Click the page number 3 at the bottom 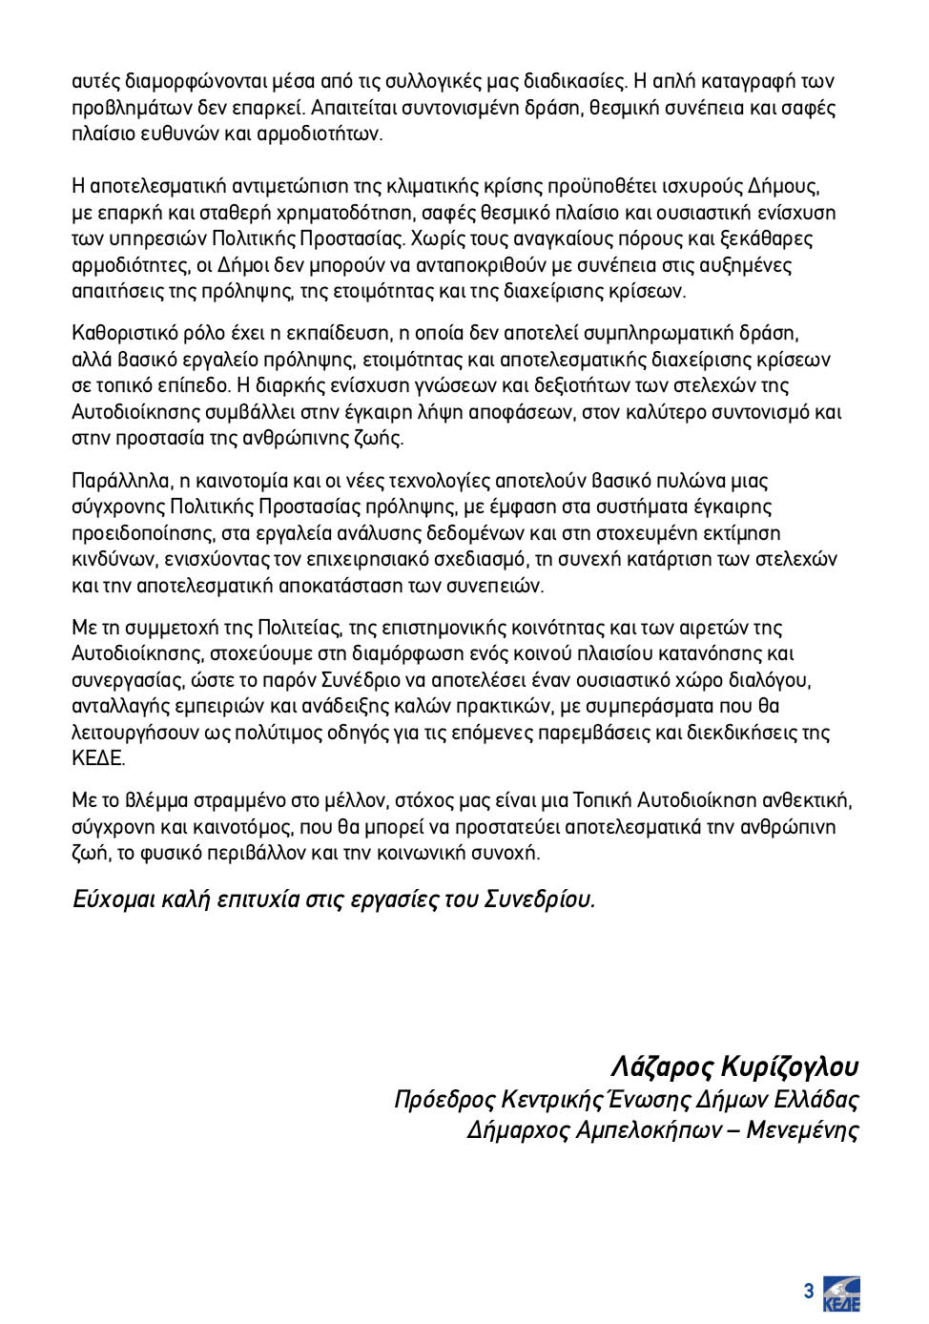[x=809, y=1292]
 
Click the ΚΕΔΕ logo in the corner [x=841, y=1293]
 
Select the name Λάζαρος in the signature [x=661, y=1065]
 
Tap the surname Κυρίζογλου [x=790, y=1065]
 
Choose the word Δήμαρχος [x=517, y=1130]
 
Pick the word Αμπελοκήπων [x=648, y=1130]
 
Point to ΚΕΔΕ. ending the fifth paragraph [x=98, y=758]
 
